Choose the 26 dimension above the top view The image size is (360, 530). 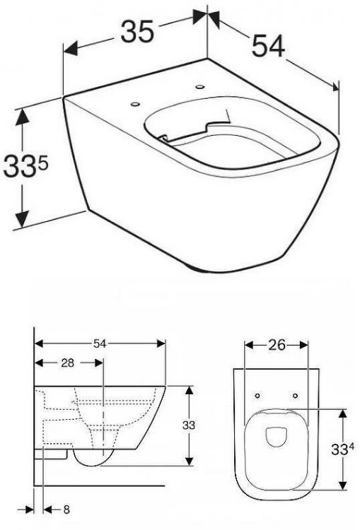[276, 346]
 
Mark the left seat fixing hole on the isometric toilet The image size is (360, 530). [134, 105]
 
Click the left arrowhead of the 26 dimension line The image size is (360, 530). [247, 346]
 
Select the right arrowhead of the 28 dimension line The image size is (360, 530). [100, 363]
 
